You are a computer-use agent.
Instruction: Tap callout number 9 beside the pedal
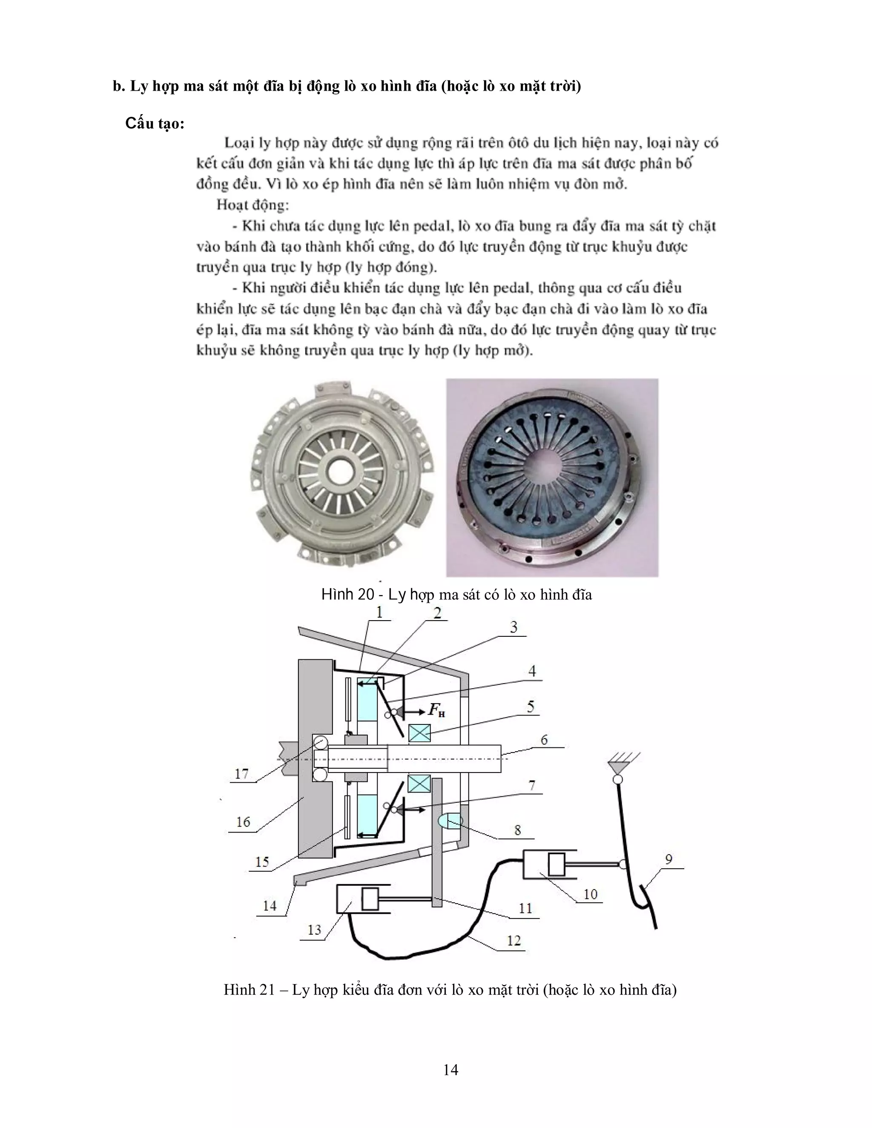pyautogui.click(x=668, y=859)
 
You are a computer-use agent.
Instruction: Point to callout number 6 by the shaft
pyautogui.click(x=544, y=740)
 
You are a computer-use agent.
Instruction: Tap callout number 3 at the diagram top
pyautogui.click(x=513, y=627)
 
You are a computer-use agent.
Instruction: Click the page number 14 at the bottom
pyautogui.click(x=450, y=1070)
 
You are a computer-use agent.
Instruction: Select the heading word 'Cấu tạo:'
pyautogui.click(x=155, y=124)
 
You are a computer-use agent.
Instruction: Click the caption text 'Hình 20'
pyautogui.click(x=347, y=595)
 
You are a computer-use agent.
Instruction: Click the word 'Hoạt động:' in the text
pyautogui.click(x=252, y=205)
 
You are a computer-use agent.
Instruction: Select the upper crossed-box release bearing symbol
pyautogui.click(x=419, y=733)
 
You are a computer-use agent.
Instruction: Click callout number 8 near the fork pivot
pyautogui.click(x=518, y=830)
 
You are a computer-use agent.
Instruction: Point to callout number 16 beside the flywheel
pyautogui.click(x=243, y=822)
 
